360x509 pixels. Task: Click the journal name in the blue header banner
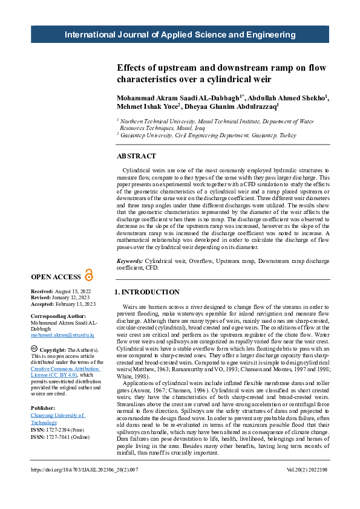click(180, 34)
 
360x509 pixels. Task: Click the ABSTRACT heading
click(136, 156)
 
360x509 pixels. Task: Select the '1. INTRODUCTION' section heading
click(147, 292)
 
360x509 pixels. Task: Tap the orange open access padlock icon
click(90, 276)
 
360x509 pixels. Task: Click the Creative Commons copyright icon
click(34, 350)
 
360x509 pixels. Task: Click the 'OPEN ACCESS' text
click(56, 277)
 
